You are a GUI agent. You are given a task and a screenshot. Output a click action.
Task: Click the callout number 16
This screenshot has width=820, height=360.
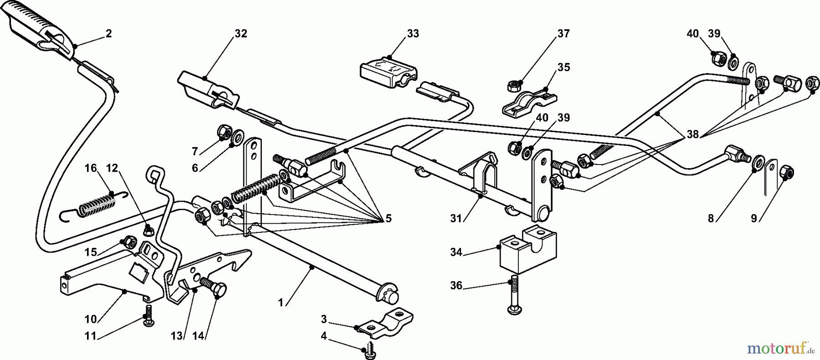point(91,168)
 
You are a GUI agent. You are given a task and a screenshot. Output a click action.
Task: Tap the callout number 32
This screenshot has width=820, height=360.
point(241,33)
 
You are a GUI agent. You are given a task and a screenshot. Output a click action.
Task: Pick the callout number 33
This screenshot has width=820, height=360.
point(413,33)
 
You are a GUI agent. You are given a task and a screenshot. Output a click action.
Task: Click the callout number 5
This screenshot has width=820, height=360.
point(388,218)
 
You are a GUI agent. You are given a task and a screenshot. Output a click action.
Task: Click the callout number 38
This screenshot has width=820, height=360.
point(692,135)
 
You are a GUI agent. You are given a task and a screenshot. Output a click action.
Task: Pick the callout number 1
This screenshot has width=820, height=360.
point(281,302)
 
